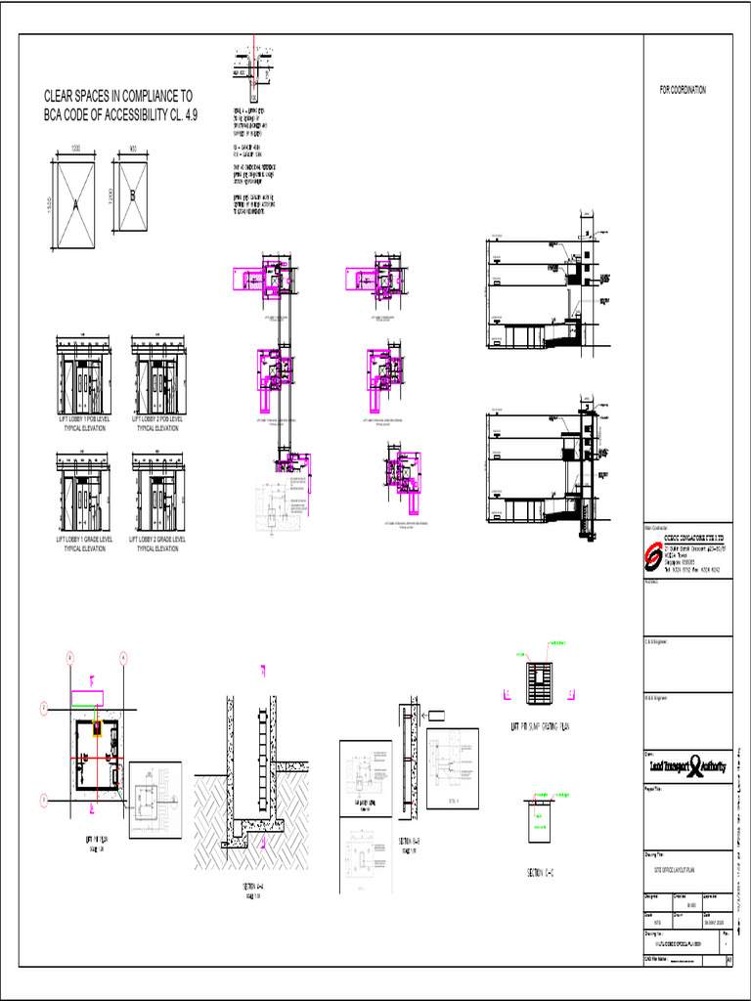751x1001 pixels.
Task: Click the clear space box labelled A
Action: click(75, 204)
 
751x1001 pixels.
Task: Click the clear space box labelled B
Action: click(133, 195)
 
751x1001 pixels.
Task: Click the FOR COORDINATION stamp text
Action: click(683, 90)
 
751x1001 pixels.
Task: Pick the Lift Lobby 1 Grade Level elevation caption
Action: click(83, 544)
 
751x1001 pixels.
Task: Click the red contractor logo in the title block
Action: click(652, 556)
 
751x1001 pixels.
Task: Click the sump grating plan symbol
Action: click(537, 678)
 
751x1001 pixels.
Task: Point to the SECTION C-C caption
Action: click(541, 871)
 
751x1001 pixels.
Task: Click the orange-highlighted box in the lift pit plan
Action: click(98, 728)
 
